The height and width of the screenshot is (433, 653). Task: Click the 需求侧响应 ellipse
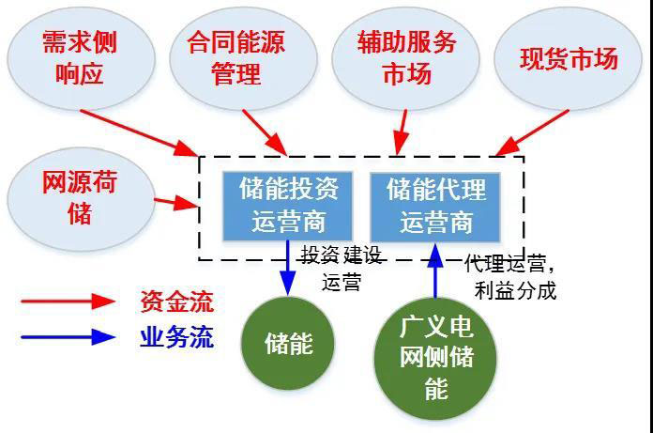click(x=81, y=54)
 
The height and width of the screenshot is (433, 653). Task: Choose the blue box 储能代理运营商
click(x=436, y=205)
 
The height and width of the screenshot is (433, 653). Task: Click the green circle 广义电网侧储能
click(x=436, y=358)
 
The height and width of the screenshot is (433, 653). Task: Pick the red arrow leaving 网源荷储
click(x=173, y=201)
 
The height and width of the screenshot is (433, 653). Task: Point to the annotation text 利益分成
click(x=515, y=290)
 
